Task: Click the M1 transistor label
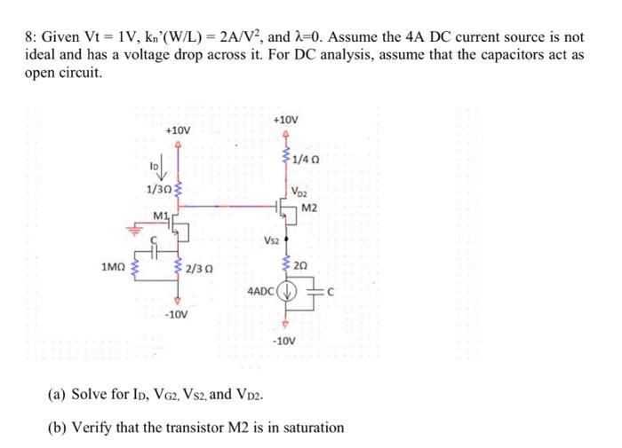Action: (x=161, y=216)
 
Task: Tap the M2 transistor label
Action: (x=308, y=208)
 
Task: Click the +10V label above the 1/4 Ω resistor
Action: (x=286, y=119)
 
